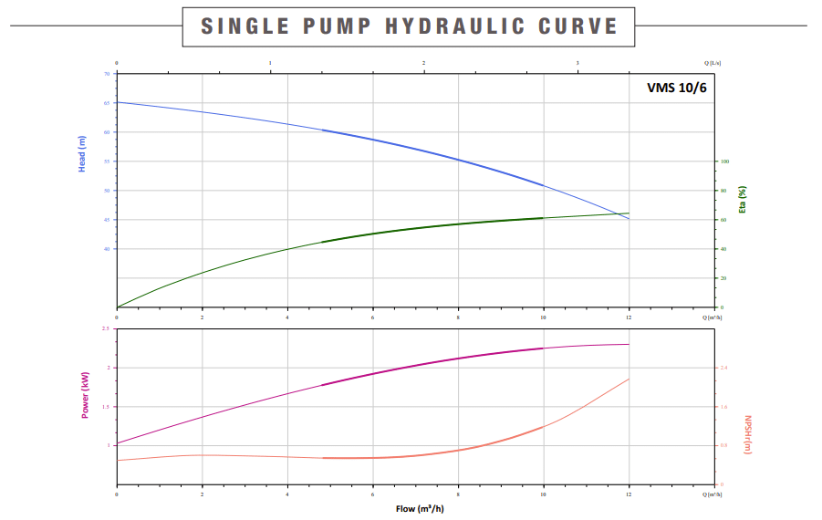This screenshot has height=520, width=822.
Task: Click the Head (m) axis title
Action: click(x=82, y=153)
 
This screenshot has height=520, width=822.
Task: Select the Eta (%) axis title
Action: click(x=744, y=198)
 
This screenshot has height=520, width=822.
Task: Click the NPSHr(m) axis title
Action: click(x=747, y=436)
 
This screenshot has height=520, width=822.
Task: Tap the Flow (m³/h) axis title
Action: click(x=420, y=508)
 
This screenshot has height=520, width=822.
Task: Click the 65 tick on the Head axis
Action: click(x=107, y=103)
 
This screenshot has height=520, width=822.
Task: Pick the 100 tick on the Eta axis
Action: click(x=725, y=161)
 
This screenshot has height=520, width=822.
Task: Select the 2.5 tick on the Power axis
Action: click(x=106, y=329)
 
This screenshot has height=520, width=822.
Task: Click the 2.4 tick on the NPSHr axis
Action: click(x=724, y=368)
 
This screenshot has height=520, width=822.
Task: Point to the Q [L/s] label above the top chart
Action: click(x=713, y=63)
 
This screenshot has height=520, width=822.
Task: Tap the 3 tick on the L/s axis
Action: click(x=578, y=63)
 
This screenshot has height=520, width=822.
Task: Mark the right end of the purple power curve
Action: click(x=629, y=344)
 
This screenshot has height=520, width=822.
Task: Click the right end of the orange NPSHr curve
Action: click(x=629, y=379)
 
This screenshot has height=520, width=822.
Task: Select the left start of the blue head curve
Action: click(x=118, y=102)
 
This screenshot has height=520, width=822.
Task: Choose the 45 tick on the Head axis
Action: click(x=107, y=220)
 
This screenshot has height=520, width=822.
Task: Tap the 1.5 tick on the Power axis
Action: click(x=106, y=407)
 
